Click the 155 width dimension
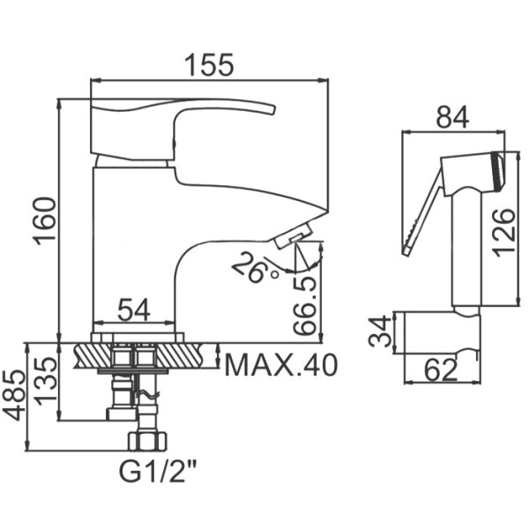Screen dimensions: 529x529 coord(209,64)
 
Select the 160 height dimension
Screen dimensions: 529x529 coord(44,220)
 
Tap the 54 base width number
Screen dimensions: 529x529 coord(134,310)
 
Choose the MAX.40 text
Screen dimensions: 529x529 coord(281,365)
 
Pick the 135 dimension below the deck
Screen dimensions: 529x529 coord(45,381)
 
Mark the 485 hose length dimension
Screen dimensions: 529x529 coord(14,396)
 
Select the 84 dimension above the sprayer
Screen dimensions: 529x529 coord(453,117)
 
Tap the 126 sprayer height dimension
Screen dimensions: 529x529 coord(503,233)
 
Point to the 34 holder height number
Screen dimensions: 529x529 coord(380,332)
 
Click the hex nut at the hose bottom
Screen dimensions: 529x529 coord(147,441)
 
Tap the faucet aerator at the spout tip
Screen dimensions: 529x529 coord(293,236)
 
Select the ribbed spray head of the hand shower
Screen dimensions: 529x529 coord(498,172)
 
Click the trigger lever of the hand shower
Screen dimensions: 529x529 coord(422,213)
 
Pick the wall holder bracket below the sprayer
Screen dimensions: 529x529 coord(442,332)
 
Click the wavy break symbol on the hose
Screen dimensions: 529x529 coord(146,394)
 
